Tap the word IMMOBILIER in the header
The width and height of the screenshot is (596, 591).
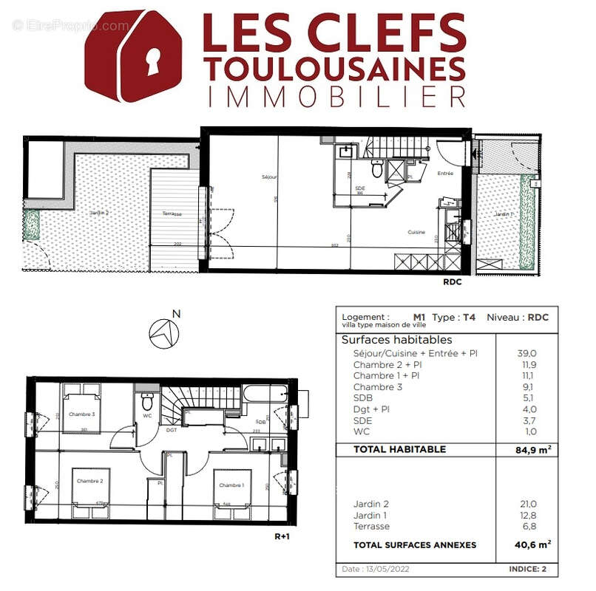click(x=336, y=96)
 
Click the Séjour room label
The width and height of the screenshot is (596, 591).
click(x=269, y=177)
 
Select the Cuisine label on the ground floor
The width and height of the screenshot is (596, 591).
click(x=416, y=232)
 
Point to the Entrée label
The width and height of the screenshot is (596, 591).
click(x=445, y=174)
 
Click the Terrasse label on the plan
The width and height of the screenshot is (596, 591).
click(x=173, y=214)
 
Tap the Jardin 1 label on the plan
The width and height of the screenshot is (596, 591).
click(x=504, y=214)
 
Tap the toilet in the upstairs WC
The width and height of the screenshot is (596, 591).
click(x=147, y=403)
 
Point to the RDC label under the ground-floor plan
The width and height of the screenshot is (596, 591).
click(x=453, y=281)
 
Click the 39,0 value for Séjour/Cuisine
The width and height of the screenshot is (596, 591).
click(x=526, y=354)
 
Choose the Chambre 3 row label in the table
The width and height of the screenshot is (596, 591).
click(x=378, y=387)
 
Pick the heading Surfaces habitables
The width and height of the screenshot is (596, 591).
click(x=396, y=341)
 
